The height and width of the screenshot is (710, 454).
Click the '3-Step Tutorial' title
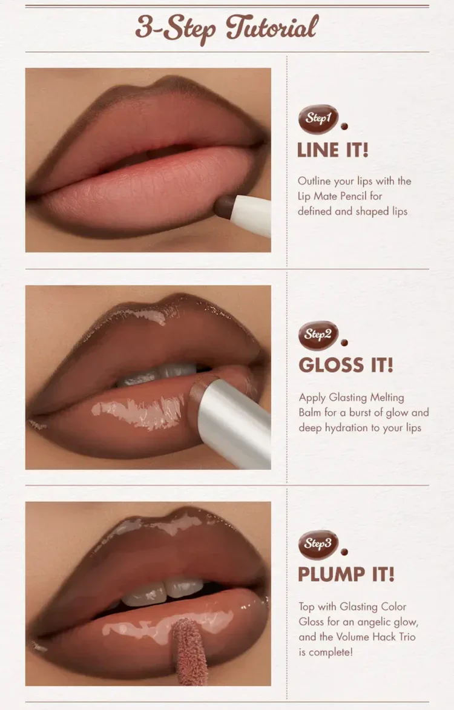pyautogui.click(x=227, y=28)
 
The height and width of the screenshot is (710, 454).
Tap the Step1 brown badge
pyautogui.click(x=318, y=119)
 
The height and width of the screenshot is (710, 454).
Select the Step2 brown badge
pyautogui.click(x=318, y=335)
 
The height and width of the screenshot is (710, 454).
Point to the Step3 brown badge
pyautogui.click(x=318, y=545)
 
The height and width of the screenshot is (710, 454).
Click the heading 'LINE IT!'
pyautogui.click(x=333, y=150)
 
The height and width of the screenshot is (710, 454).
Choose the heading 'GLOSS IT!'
pyautogui.click(x=346, y=365)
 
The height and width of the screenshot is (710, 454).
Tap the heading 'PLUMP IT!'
pyautogui.click(x=346, y=574)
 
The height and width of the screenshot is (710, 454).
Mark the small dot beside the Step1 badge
pyautogui.click(x=344, y=127)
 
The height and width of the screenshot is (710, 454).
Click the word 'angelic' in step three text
pyautogui.click(x=374, y=623)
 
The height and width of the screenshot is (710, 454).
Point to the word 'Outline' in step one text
pyautogui.click(x=314, y=181)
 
